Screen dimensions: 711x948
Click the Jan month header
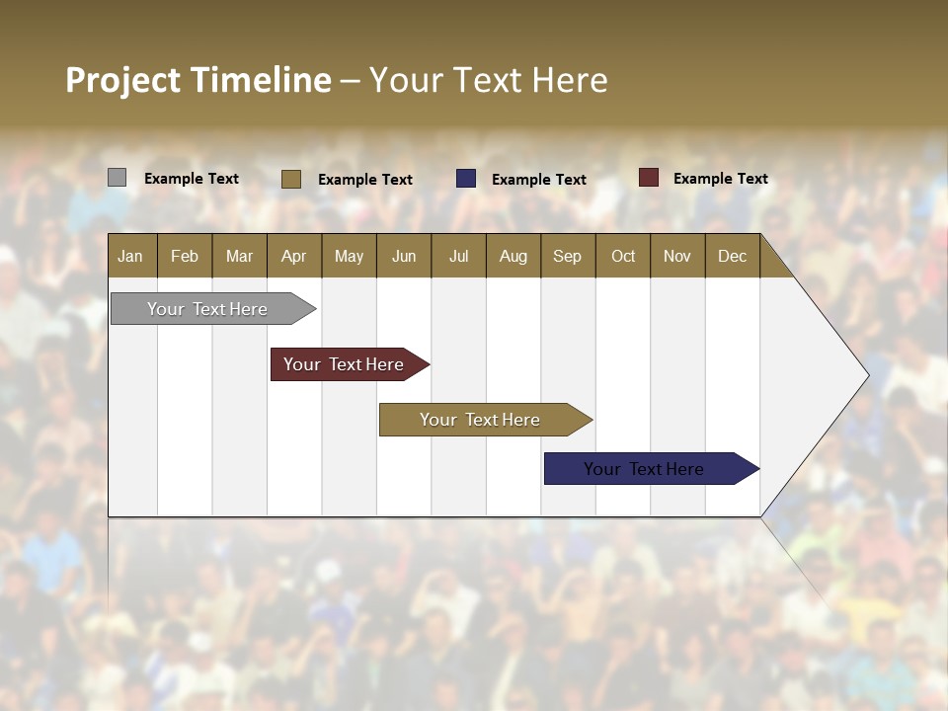(131, 257)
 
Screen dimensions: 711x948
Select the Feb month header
(185, 257)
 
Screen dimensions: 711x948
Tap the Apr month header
(293, 257)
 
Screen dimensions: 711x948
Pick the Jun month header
(403, 257)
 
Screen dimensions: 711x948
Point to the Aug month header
(513, 257)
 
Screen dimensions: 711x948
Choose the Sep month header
(567, 257)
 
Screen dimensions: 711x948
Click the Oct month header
(622, 257)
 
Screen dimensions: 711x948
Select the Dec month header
(732, 257)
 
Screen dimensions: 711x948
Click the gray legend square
(117, 178)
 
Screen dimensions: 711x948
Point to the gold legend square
(290, 179)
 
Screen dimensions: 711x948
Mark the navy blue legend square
(466, 178)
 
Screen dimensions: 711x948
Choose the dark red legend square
(648, 178)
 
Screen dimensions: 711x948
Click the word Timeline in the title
(261, 80)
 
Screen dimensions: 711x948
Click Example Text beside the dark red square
(720, 179)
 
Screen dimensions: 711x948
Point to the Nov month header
(676, 257)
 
